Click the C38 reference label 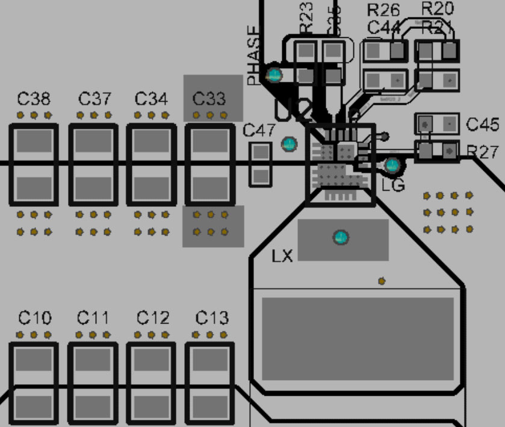pos(34,99)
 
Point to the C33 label pos(209,99)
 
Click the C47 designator pos(259,130)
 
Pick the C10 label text pos(34,318)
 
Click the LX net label pos(282,256)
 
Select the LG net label pos(393,185)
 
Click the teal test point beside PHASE pos(274,75)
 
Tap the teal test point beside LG pos(392,164)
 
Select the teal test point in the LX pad pos(341,237)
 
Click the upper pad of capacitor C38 pos(34,141)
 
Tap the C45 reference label pos(483,124)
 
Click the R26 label pos(383,10)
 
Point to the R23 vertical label pos(306,17)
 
